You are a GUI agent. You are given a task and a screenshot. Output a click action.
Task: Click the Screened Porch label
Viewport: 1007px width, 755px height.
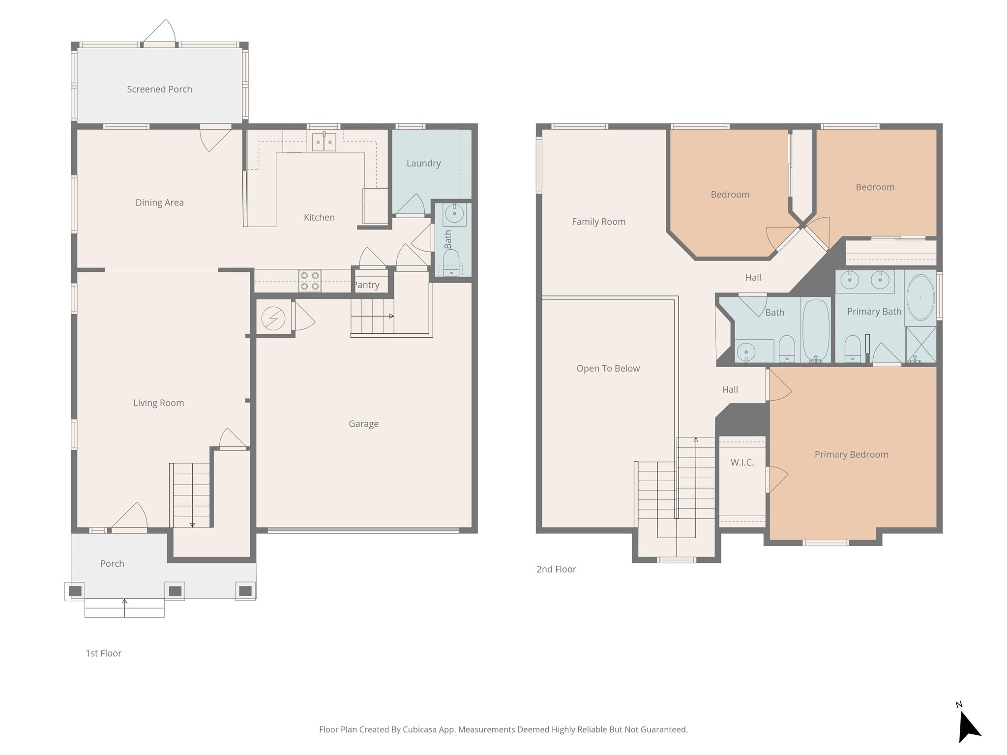159,89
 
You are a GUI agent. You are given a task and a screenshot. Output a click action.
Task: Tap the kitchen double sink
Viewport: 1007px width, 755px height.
324,142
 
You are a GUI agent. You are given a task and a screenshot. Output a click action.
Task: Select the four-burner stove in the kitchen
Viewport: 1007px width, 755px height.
310,281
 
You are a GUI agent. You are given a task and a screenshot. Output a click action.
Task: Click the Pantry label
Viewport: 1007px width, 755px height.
367,285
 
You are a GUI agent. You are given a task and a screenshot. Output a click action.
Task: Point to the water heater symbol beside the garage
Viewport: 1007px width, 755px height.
273,319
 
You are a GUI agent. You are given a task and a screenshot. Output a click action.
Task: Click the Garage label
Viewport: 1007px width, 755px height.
363,424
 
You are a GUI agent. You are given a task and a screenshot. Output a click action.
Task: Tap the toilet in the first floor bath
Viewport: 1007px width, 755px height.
451,261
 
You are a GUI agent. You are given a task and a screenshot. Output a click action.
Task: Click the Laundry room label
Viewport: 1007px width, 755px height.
423,163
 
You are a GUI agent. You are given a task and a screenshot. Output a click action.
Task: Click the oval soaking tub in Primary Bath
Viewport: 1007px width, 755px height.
920,297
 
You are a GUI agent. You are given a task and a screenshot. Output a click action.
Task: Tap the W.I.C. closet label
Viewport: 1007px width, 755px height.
742,463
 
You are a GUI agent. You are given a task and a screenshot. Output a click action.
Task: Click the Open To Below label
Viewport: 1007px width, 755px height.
608,369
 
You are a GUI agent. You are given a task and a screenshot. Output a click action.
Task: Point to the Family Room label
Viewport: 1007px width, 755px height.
598,222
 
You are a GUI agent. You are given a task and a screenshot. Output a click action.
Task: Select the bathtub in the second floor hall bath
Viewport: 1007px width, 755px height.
816,330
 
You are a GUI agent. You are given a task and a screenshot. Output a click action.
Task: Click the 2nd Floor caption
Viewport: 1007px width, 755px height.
556,569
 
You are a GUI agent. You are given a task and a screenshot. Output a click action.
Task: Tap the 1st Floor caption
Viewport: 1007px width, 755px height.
103,653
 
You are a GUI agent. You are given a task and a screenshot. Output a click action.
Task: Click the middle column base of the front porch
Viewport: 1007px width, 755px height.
175,591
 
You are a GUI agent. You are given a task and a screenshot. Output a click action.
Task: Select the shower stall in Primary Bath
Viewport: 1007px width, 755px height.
921,345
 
